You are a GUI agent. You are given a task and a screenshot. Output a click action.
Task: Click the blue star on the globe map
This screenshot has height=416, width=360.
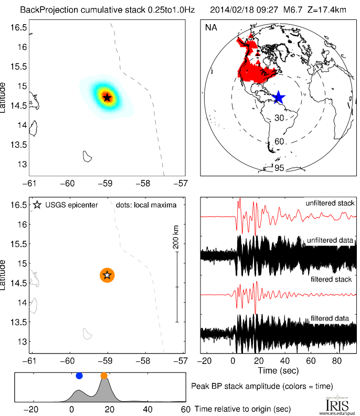click(x=279, y=98)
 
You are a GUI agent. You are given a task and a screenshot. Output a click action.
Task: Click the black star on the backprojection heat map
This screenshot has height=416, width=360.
click(x=107, y=97)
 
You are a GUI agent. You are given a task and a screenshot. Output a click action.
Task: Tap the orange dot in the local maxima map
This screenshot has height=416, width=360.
click(x=107, y=275)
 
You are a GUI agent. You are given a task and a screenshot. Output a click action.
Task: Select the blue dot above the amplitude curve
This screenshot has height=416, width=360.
click(x=79, y=376)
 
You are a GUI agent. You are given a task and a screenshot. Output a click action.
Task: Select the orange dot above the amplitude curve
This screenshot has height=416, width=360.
click(x=104, y=376)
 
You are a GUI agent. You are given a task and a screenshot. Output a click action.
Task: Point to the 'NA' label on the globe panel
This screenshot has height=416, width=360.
click(x=210, y=27)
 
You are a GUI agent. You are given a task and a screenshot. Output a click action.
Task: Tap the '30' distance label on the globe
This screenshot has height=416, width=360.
click(x=279, y=119)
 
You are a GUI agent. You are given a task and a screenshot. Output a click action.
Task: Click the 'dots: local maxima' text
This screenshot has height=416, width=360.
click(x=146, y=205)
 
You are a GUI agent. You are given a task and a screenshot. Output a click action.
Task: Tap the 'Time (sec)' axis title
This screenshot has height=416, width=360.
click(x=279, y=370)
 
